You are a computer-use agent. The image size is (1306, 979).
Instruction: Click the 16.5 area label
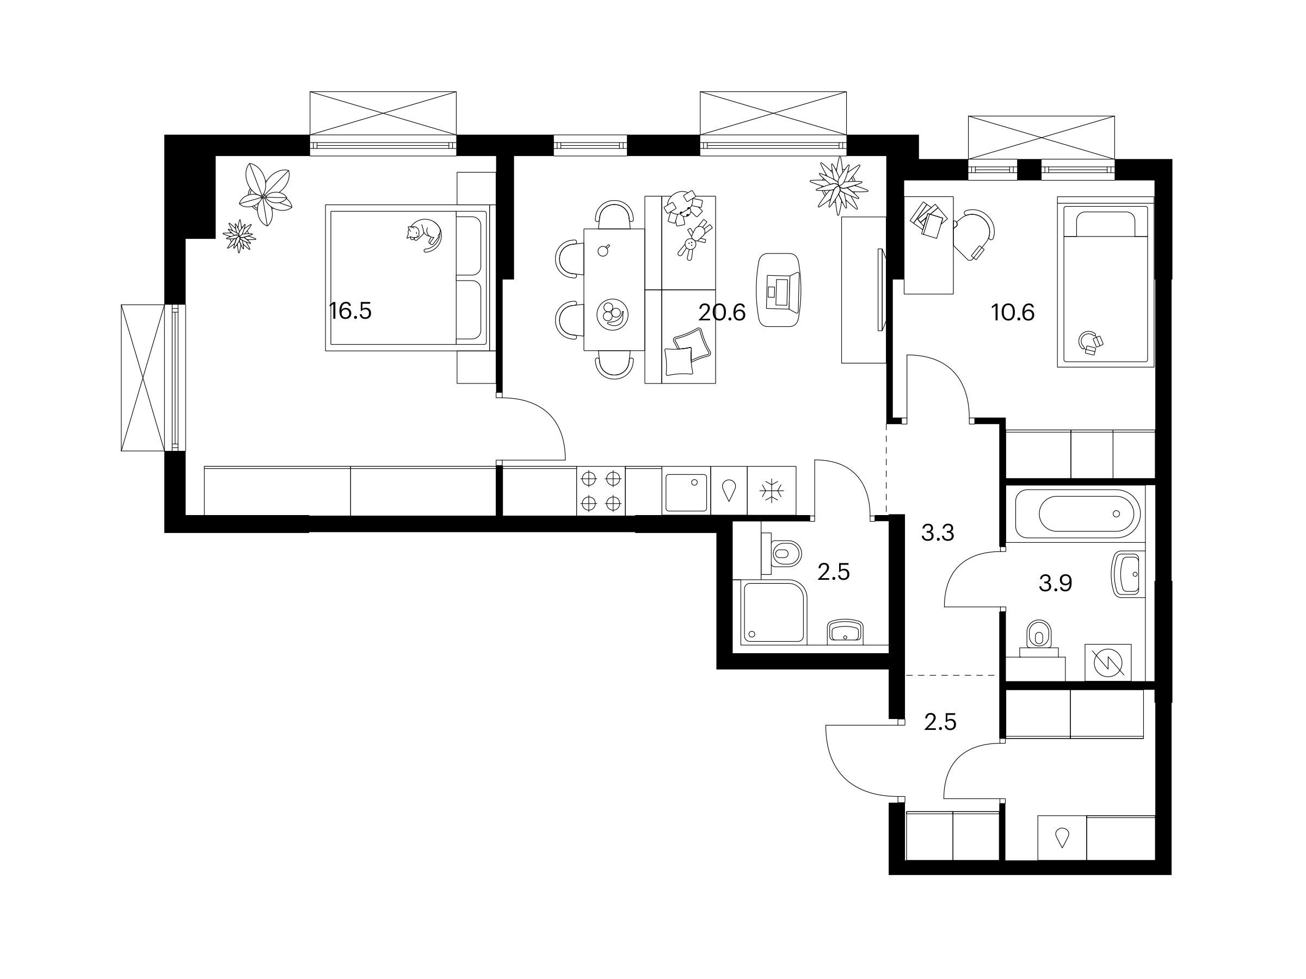350,311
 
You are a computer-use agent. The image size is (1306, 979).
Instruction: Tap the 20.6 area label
722,312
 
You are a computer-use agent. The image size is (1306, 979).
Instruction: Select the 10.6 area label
1013,312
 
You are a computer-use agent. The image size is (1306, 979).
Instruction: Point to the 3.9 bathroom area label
1055,583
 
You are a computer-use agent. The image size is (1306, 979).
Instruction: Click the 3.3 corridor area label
938,533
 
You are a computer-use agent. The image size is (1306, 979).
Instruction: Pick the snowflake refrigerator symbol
772,491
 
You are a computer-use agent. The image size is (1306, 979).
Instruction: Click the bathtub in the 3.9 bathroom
1077,513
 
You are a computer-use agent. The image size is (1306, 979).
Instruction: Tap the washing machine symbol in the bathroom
1108,662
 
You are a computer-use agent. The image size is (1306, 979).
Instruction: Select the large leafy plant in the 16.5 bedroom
265,194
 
